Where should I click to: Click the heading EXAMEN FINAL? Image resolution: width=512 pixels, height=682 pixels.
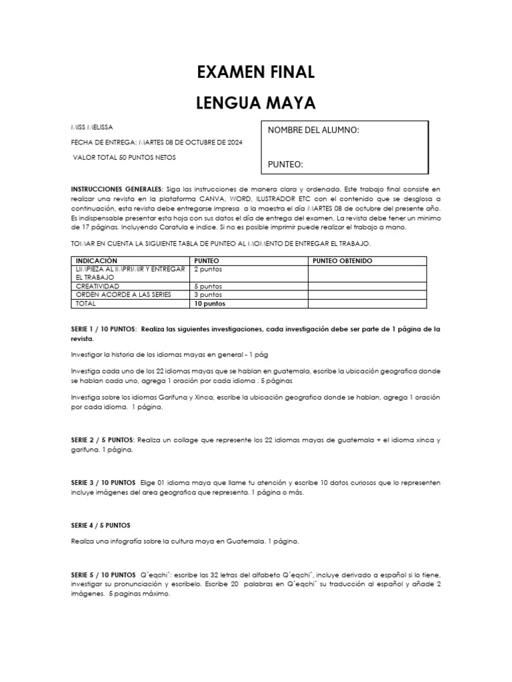[x=255, y=72]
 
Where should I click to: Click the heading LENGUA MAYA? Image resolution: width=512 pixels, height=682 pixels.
[x=255, y=103]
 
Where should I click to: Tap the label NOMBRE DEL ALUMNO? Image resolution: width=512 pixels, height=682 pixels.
[x=313, y=130]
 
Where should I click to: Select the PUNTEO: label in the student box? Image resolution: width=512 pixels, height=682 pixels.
[x=285, y=164]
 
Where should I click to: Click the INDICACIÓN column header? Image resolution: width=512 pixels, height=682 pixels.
[x=97, y=260]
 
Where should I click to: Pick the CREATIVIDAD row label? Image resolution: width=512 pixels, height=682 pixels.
[x=98, y=286]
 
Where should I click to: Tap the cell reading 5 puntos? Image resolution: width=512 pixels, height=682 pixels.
[x=207, y=286]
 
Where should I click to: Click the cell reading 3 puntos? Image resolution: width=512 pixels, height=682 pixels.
[x=207, y=294]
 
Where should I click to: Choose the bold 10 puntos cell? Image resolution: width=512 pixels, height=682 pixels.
[x=209, y=303]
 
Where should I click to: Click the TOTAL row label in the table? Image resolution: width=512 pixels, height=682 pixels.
[x=86, y=303]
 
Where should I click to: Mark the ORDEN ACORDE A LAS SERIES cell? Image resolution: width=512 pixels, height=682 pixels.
[x=114, y=294]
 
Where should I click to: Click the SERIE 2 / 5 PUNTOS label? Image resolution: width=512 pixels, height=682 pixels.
[x=103, y=440]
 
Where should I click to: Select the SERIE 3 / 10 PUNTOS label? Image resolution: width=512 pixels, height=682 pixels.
[x=103, y=482]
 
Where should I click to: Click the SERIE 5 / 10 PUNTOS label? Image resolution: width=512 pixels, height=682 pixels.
[x=103, y=574]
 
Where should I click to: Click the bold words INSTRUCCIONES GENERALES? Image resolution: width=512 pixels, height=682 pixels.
[x=117, y=190]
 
